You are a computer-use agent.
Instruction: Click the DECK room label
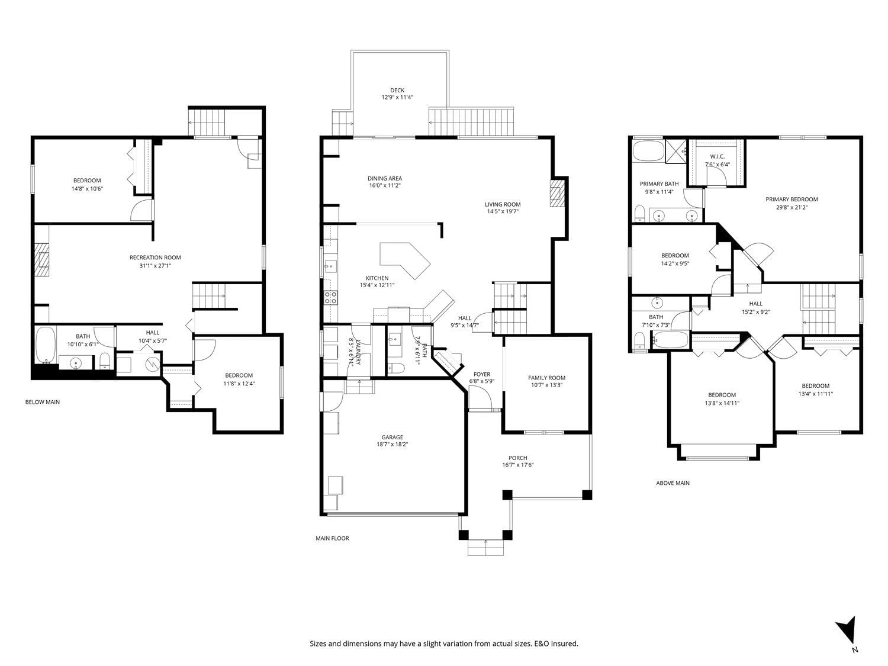(x=397, y=91)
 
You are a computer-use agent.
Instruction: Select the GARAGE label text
(x=392, y=437)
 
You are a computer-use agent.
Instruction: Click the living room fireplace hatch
(x=556, y=194)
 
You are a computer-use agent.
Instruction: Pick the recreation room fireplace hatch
(x=41, y=260)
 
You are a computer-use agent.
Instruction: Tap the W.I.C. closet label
(x=718, y=156)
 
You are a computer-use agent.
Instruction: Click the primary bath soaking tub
(x=648, y=150)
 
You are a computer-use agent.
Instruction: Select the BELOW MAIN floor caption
(x=43, y=402)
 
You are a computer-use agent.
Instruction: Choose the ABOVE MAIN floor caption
(x=673, y=483)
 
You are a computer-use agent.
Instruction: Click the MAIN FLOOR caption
(x=332, y=538)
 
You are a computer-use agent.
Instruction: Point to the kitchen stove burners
(x=330, y=298)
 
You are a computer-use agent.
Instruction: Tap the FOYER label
(x=482, y=375)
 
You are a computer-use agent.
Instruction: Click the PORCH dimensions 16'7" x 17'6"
(x=518, y=465)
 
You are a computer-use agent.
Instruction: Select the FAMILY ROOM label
(x=546, y=378)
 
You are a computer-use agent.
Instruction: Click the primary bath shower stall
(x=676, y=151)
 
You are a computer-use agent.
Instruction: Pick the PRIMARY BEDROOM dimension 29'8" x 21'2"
(x=792, y=207)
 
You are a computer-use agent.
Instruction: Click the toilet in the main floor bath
(x=397, y=368)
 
